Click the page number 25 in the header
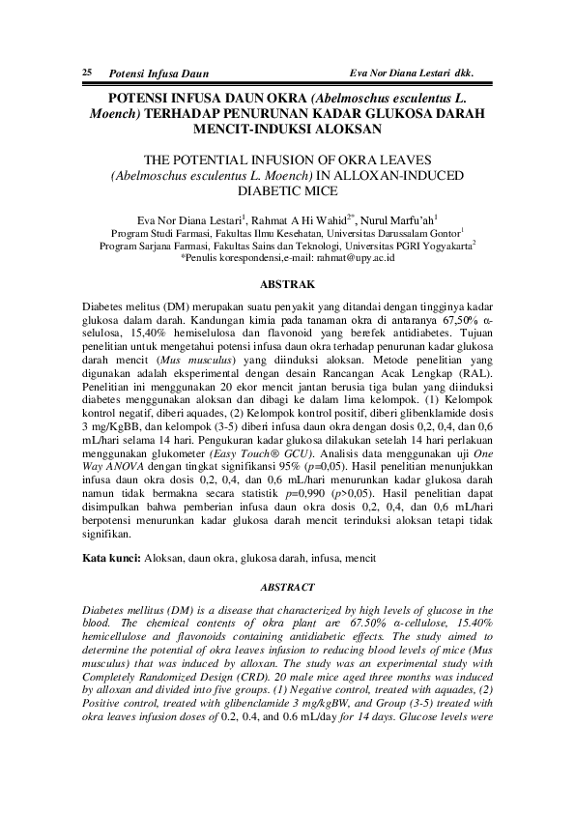click(87, 73)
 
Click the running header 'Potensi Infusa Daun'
click(158, 73)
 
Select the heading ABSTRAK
click(289, 284)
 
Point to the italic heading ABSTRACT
click(289, 587)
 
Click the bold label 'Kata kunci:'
click(111, 559)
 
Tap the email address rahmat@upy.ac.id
click(359, 258)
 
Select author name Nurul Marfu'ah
click(402, 219)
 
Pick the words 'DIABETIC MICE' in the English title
click(289, 191)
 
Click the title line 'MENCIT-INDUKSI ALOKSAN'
click(289, 129)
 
